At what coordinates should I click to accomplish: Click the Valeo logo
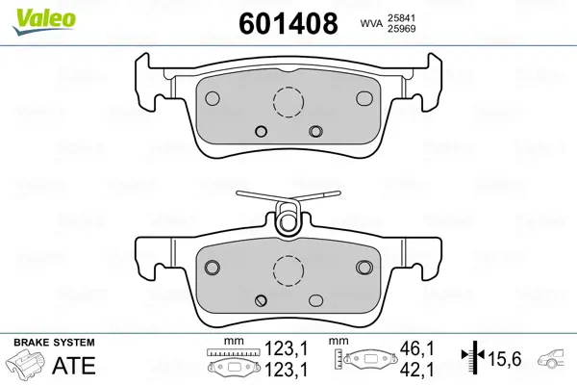pos(44,22)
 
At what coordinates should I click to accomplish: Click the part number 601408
pos(288,23)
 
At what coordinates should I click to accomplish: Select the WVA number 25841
pos(401,18)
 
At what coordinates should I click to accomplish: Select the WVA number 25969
pos(401,29)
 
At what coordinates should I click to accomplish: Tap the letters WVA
pos(371,24)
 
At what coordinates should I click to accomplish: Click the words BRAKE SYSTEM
pos(54,343)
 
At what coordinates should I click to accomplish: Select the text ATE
pos(74,366)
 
